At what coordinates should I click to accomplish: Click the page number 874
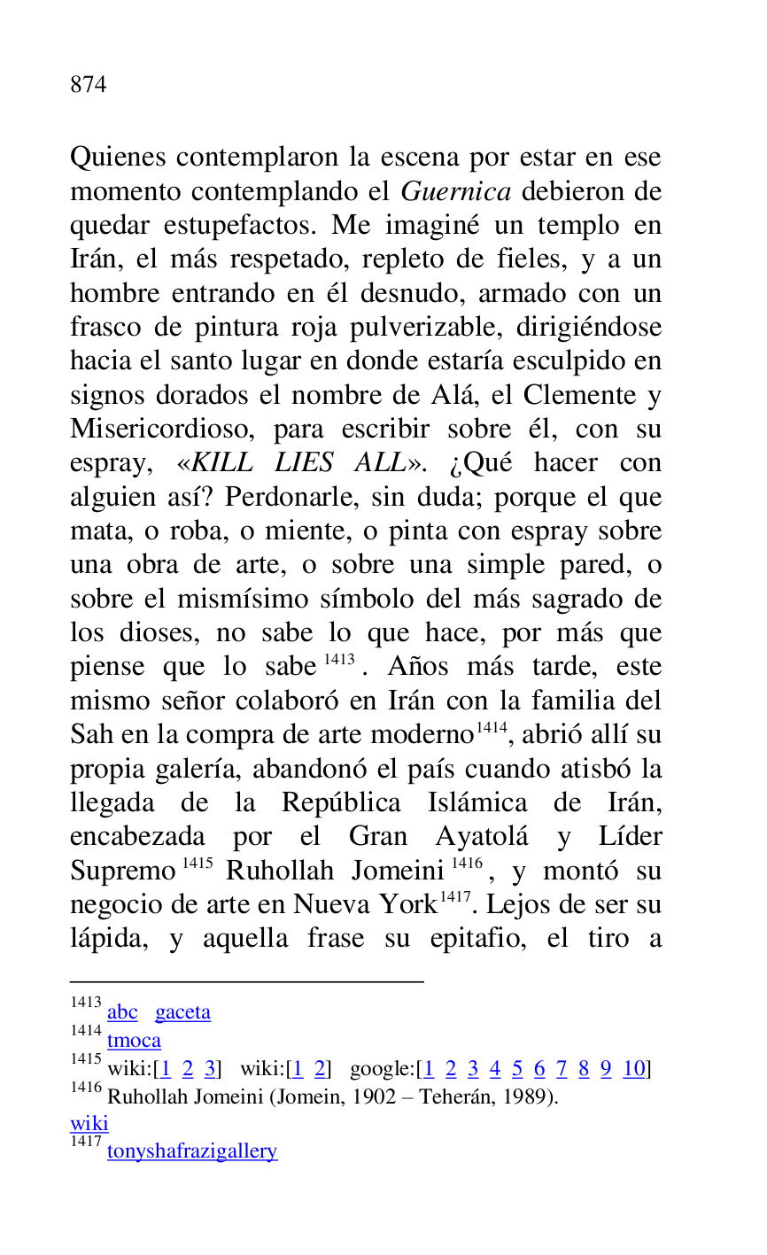[89, 85]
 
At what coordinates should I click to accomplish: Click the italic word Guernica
[456, 191]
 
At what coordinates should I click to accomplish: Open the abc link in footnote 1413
[122, 1012]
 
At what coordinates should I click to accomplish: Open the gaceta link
[182, 1012]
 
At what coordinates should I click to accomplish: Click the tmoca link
[134, 1041]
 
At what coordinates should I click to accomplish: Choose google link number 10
[634, 1069]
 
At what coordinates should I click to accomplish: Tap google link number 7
[562, 1069]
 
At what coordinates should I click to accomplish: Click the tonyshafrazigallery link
[192, 1151]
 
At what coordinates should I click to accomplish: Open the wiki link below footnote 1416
[89, 1124]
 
